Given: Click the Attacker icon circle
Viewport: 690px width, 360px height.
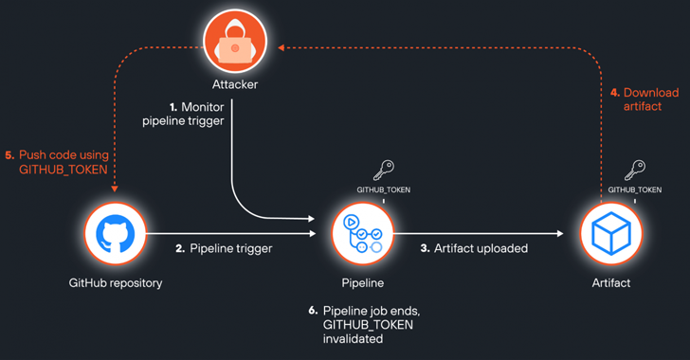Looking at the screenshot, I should (235, 44).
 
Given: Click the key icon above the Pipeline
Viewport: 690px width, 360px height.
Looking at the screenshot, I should (382, 171).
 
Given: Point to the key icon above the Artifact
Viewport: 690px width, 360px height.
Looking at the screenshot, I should (634, 171).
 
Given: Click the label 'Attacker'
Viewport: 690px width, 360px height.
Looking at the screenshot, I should (235, 85).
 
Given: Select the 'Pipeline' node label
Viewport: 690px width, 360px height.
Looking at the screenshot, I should (363, 282).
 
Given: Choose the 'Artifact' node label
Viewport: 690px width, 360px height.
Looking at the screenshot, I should (610, 282).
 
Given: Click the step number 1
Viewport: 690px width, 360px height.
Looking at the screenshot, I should (171, 107).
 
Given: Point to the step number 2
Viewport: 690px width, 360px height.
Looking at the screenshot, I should (180, 248).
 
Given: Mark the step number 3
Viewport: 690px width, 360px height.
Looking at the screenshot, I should (425, 248).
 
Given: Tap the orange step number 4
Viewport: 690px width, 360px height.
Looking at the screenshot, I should (614, 93).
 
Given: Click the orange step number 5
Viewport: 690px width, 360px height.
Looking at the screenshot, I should (10, 154).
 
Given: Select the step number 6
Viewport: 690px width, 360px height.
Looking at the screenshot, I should (314, 311).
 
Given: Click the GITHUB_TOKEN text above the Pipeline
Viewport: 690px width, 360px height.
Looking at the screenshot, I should (383, 189).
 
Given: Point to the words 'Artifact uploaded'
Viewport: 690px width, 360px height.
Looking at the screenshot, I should (478, 248).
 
